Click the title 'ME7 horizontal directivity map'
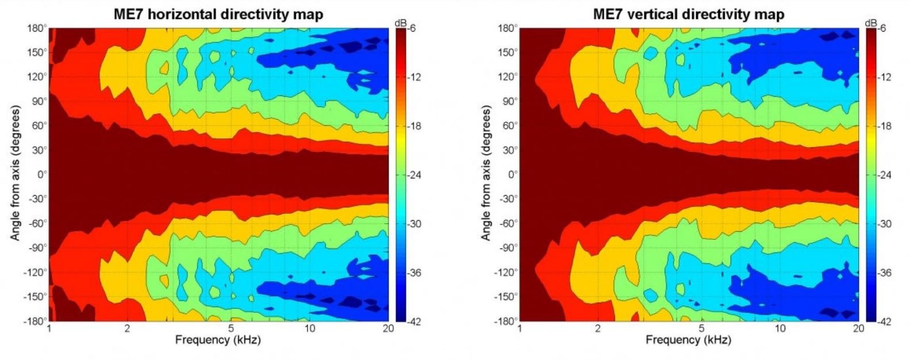click(218, 14)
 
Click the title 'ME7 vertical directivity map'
click(689, 14)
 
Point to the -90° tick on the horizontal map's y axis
click(37, 248)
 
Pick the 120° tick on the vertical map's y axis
click(508, 76)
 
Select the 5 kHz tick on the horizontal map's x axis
click(231, 329)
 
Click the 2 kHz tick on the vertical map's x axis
click(598, 329)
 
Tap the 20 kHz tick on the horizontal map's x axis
click(389, 329)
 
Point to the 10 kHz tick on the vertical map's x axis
click(780, 329)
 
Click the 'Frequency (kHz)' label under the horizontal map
click(218, 340)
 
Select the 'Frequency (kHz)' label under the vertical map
click(688, 340)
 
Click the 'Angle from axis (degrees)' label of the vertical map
click(486, 173)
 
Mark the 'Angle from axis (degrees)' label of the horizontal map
click(16, 173)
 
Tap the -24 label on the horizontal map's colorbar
click(414, 175)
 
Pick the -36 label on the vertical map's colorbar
click(885, 273)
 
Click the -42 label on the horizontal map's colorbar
click(414, 321)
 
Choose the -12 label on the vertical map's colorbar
click(885, 77)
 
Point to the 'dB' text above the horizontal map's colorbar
click(400, 23)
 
